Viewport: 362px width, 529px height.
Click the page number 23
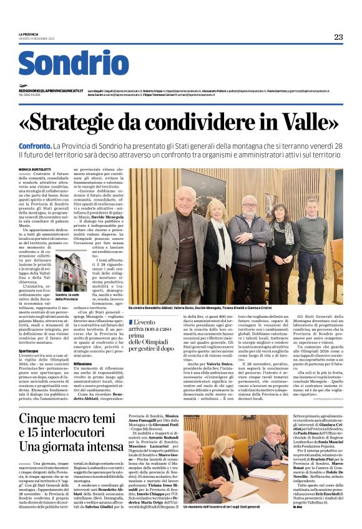click(x=338, y=37)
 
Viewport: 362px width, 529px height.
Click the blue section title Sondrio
click(x=73, y=64)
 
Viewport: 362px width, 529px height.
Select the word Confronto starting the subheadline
click(x=40, y=144)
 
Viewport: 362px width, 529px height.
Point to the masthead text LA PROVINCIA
click(x=27, y=34)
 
